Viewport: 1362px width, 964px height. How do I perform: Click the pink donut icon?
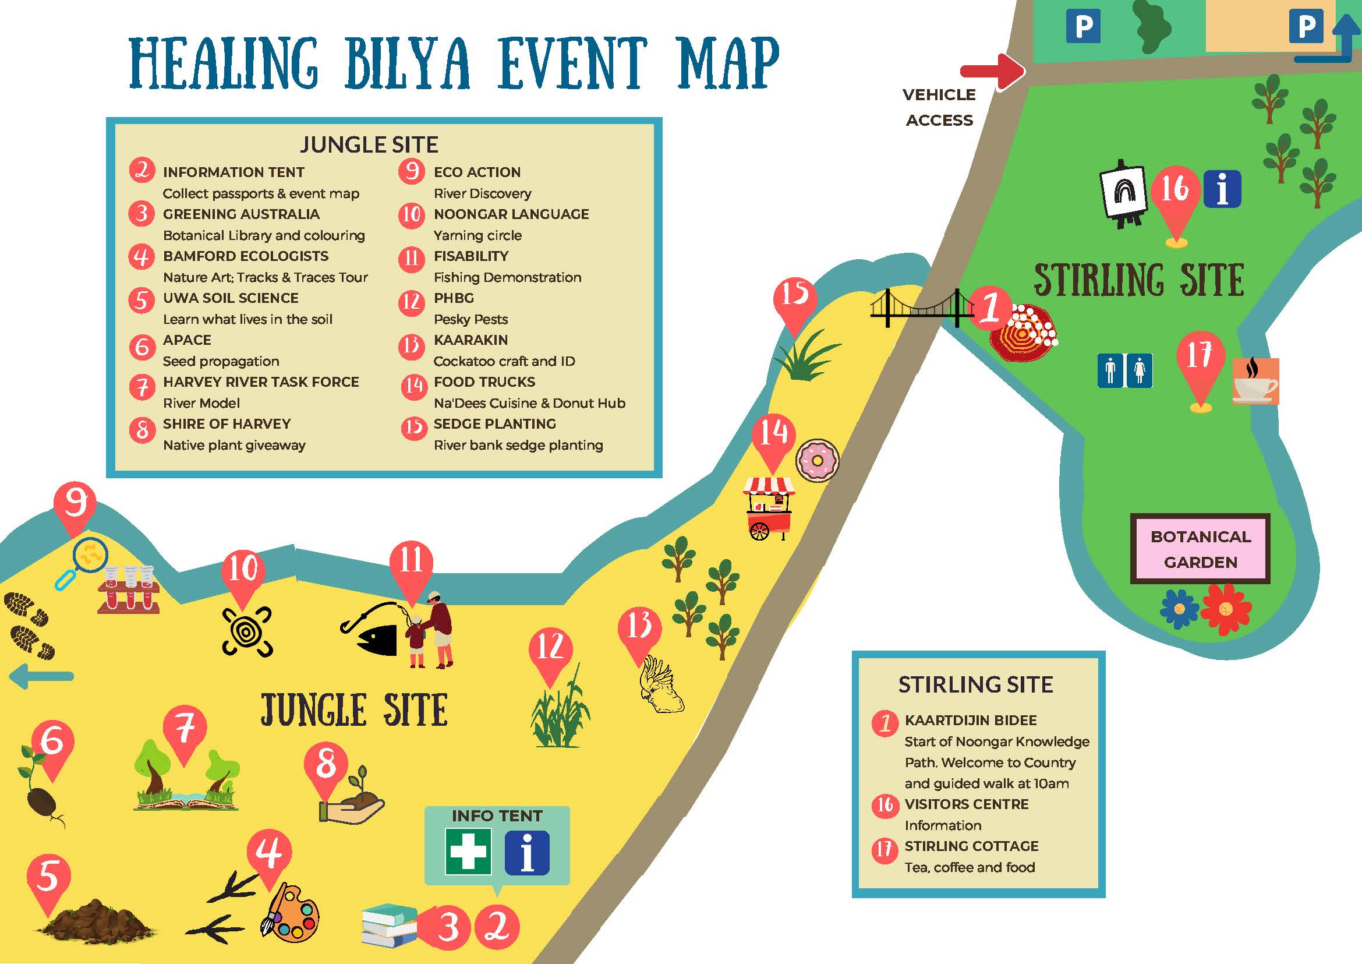pyautogui.click(x=816, y=461)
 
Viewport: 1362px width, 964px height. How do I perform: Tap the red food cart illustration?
pyautogui.click(x=769, y=509)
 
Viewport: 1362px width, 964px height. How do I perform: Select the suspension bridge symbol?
pyautogui.click(x=922, y=308)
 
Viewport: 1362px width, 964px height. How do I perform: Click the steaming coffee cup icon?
pyautogui.click(x=1255, y=382)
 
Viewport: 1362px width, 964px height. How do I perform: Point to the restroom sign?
pyautogui.click(x=1124, y=371)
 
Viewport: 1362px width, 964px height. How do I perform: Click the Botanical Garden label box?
pyautogui.click(x=1200, y=549)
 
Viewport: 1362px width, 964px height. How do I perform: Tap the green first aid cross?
pyautogui.click(x=468, y=852)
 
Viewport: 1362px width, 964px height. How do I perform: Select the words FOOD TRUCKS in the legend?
pyautogui.click(x=484, y=382)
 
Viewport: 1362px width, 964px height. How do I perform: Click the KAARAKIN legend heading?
pyautogui.click(x=470, y=340)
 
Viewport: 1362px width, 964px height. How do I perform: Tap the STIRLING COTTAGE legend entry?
pyautogui.click(x=971, y=846)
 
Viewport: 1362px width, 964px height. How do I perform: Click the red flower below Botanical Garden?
pyautogui.click(x=1226, y=610)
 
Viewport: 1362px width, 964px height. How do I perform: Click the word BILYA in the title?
pyautogui.click(x=408, y=63)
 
